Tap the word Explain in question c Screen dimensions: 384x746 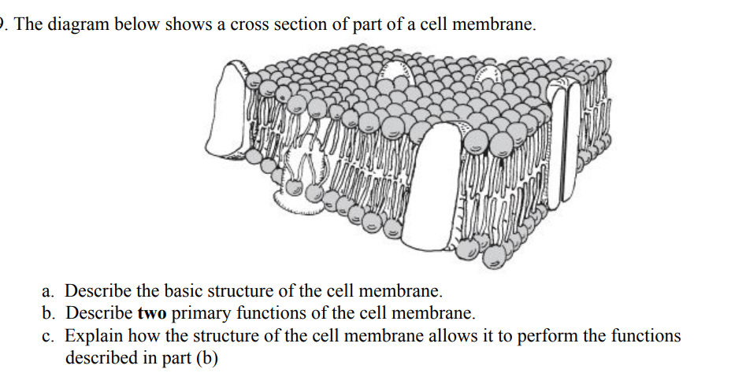[91, 336]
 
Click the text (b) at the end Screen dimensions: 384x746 [204, 358]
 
